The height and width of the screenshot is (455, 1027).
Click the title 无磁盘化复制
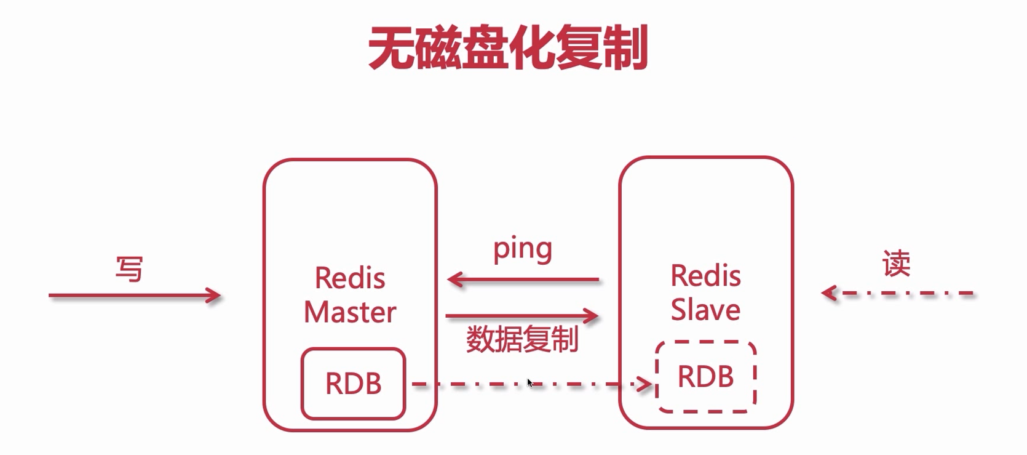point(508,48)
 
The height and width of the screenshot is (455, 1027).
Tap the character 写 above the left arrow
point(129,269)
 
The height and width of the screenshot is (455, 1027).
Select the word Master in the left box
point(350,312)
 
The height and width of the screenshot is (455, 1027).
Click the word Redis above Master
point(350,278)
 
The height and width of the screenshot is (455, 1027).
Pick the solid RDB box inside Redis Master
point(353,384)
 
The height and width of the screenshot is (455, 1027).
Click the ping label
point(522,249)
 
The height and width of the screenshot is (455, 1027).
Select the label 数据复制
point(522,339)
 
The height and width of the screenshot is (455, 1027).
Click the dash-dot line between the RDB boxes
point(480,385)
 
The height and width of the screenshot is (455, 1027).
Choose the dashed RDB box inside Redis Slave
point(705,376)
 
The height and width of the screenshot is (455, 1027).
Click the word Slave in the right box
point(705,310)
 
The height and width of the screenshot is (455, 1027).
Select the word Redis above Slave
point(705,276)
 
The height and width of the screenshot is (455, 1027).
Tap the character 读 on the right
point(896,264)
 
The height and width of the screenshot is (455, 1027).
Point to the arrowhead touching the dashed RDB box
point(647,385)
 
